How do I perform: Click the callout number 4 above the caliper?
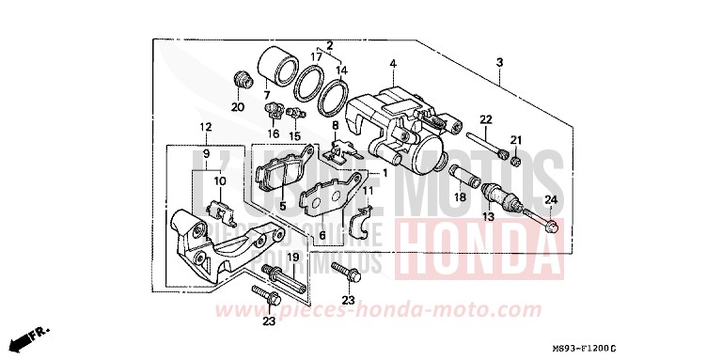394,63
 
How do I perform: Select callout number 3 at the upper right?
500,63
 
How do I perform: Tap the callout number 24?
551,200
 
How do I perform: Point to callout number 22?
486,118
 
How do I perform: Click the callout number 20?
238,107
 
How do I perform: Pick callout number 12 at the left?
206,126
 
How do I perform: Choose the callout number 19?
292,258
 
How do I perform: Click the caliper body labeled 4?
399,122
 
